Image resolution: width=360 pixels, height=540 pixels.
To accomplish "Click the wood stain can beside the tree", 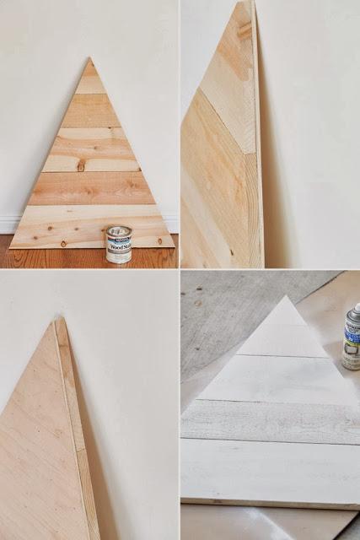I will pyautogui.click(x=119, y=245).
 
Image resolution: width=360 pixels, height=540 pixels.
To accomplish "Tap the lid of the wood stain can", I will pyautogui.click(x=119, y=229).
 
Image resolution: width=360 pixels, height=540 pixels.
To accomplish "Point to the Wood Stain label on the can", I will pyautogui.click(x=119, y=246).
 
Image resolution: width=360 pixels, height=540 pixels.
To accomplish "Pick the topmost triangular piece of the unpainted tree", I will pyautogui.click(x=89, y=80).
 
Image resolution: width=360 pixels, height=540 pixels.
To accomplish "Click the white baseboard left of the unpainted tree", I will pyautogui.click(x=8, y=224).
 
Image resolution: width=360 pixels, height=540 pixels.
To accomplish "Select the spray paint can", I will pyautogui.click(x=352, y=337).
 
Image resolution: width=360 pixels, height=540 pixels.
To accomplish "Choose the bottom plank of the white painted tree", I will pyautogui.click(x=270, y=472).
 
